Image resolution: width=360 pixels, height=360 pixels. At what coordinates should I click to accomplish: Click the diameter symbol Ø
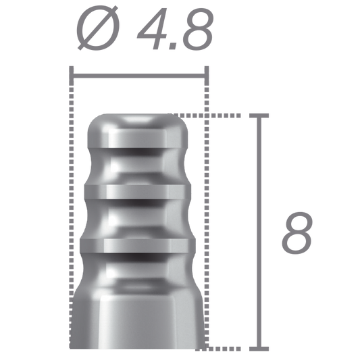(x=98, y=28)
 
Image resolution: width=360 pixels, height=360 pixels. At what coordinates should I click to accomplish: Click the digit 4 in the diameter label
(x=152, y=28)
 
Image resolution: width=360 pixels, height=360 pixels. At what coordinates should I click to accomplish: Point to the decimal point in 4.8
(x=173, y=47)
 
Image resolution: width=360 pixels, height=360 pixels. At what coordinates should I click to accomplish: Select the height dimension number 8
(x=297, y=233)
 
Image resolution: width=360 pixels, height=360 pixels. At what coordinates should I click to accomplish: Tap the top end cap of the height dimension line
(x=259, y=115)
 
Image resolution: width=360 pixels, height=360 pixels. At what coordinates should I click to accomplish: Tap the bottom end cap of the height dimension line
(x=259, y=349)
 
